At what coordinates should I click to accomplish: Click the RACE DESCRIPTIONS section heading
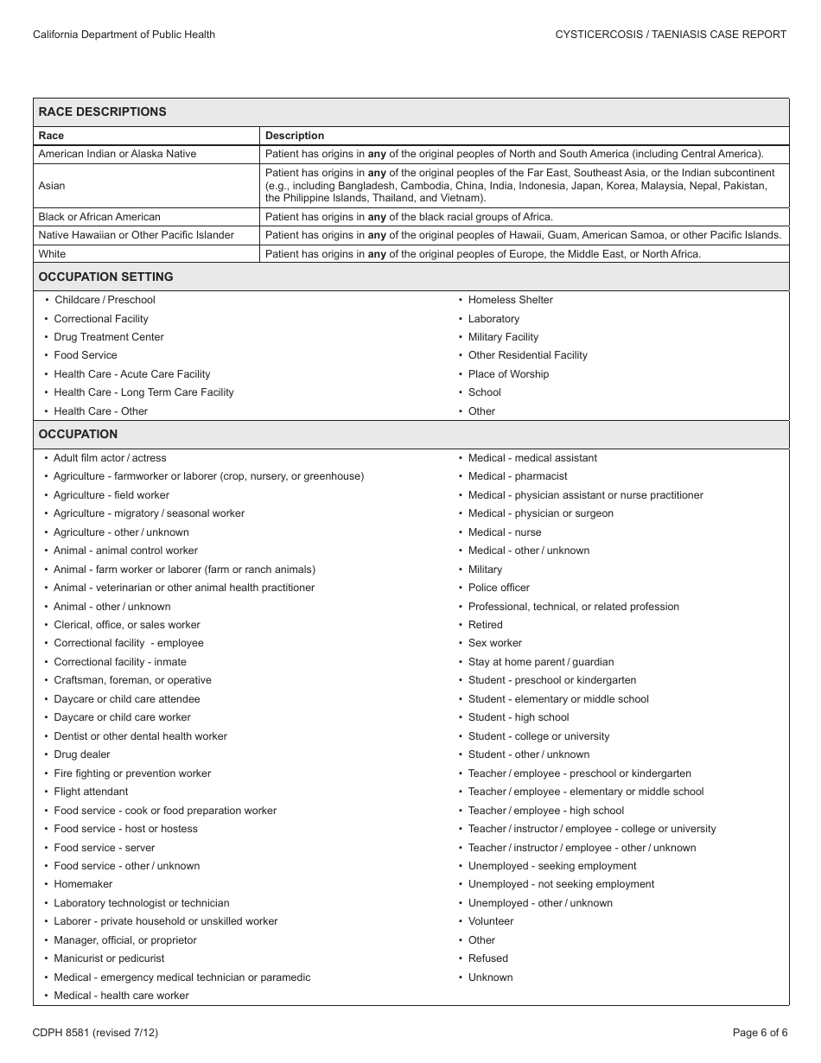pos(102,111)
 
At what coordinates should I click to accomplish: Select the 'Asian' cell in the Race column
pos(52,186)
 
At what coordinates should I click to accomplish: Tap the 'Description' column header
pos(295,136)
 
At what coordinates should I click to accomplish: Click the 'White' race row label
pos(52,254)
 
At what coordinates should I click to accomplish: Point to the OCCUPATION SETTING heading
pos(105,277)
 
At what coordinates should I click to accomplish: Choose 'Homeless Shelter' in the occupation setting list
pos(510,300)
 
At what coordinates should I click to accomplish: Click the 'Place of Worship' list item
pos(508,374)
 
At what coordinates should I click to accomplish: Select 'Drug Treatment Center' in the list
pos(109,337)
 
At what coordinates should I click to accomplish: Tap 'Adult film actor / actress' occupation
pos(110,458)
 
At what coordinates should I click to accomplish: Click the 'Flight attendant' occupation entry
pos(91,792)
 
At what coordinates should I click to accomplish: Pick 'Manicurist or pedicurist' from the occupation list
pos(109,958)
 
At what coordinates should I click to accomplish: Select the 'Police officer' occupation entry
pos(499,588)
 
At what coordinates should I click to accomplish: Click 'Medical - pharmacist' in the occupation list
pos(518,476)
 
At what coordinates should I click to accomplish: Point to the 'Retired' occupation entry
pos(485,625)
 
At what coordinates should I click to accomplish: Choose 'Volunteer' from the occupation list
pos(491,921)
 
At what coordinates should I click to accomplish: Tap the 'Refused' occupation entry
pos(488,958)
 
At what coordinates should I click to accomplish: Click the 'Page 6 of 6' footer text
pos(760,1032)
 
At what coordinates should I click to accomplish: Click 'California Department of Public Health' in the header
pos(124,35)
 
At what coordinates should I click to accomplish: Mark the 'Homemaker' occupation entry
pos(83,884)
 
